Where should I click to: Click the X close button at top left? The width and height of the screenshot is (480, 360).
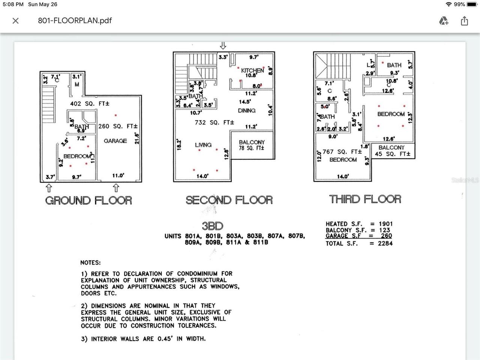coord(15,21)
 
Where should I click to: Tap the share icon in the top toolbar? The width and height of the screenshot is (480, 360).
coord(464,21)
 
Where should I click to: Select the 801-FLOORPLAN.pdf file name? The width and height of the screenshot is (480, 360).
coord(75,21)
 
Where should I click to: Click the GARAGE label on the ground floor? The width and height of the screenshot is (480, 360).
coord(115,141)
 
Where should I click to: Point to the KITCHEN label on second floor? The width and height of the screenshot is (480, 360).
coord(252,70)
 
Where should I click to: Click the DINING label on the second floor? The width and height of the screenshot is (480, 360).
coord(247,111)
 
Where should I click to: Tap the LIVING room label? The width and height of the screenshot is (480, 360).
coord(203,145)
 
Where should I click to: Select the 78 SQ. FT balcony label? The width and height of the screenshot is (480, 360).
coord(252,148)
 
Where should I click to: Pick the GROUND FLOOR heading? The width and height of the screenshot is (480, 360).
coord(88,200)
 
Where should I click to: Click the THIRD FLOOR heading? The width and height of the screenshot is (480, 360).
coord(365,199)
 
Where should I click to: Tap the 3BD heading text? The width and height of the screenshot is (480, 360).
coord(212,226)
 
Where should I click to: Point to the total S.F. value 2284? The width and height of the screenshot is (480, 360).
coord(385,243)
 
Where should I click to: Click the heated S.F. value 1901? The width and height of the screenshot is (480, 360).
coord(385,224)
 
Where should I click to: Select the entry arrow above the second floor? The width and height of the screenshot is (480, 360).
coord(223,46)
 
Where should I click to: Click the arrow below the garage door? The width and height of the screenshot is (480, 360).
coord(116,187)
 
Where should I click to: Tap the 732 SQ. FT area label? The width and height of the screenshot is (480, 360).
coord(214,123)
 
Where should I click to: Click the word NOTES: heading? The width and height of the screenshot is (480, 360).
coord(90,263)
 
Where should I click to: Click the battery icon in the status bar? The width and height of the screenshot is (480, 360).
coord(472,4)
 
